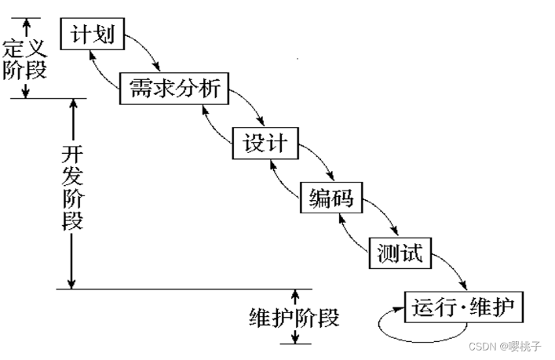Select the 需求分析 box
[173, 89]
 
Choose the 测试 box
[400, 253]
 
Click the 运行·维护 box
[463, 307]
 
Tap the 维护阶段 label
[294, 318]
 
